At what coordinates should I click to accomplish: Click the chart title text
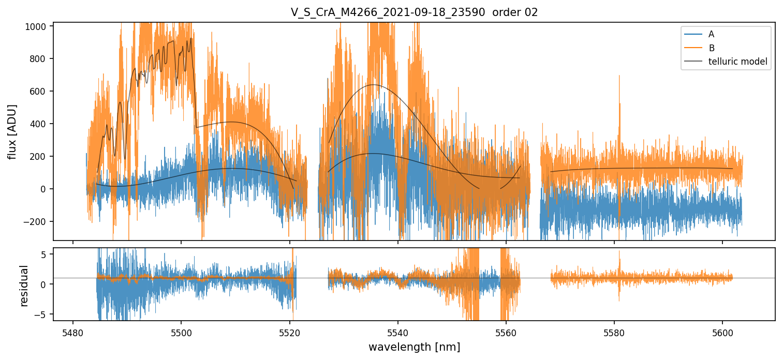tap(414, 12)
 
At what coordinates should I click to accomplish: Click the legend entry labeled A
tap(711, 34)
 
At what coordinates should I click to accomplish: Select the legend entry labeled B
tap(711, 48)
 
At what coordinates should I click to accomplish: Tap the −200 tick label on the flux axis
tap(36, 221)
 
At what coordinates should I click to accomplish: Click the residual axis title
tap(24, 285)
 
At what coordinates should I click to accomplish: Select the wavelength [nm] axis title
tap(414, 347)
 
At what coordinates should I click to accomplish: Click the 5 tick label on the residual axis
tap(43, 254)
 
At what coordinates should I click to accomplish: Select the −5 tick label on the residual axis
tap(41, 314)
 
